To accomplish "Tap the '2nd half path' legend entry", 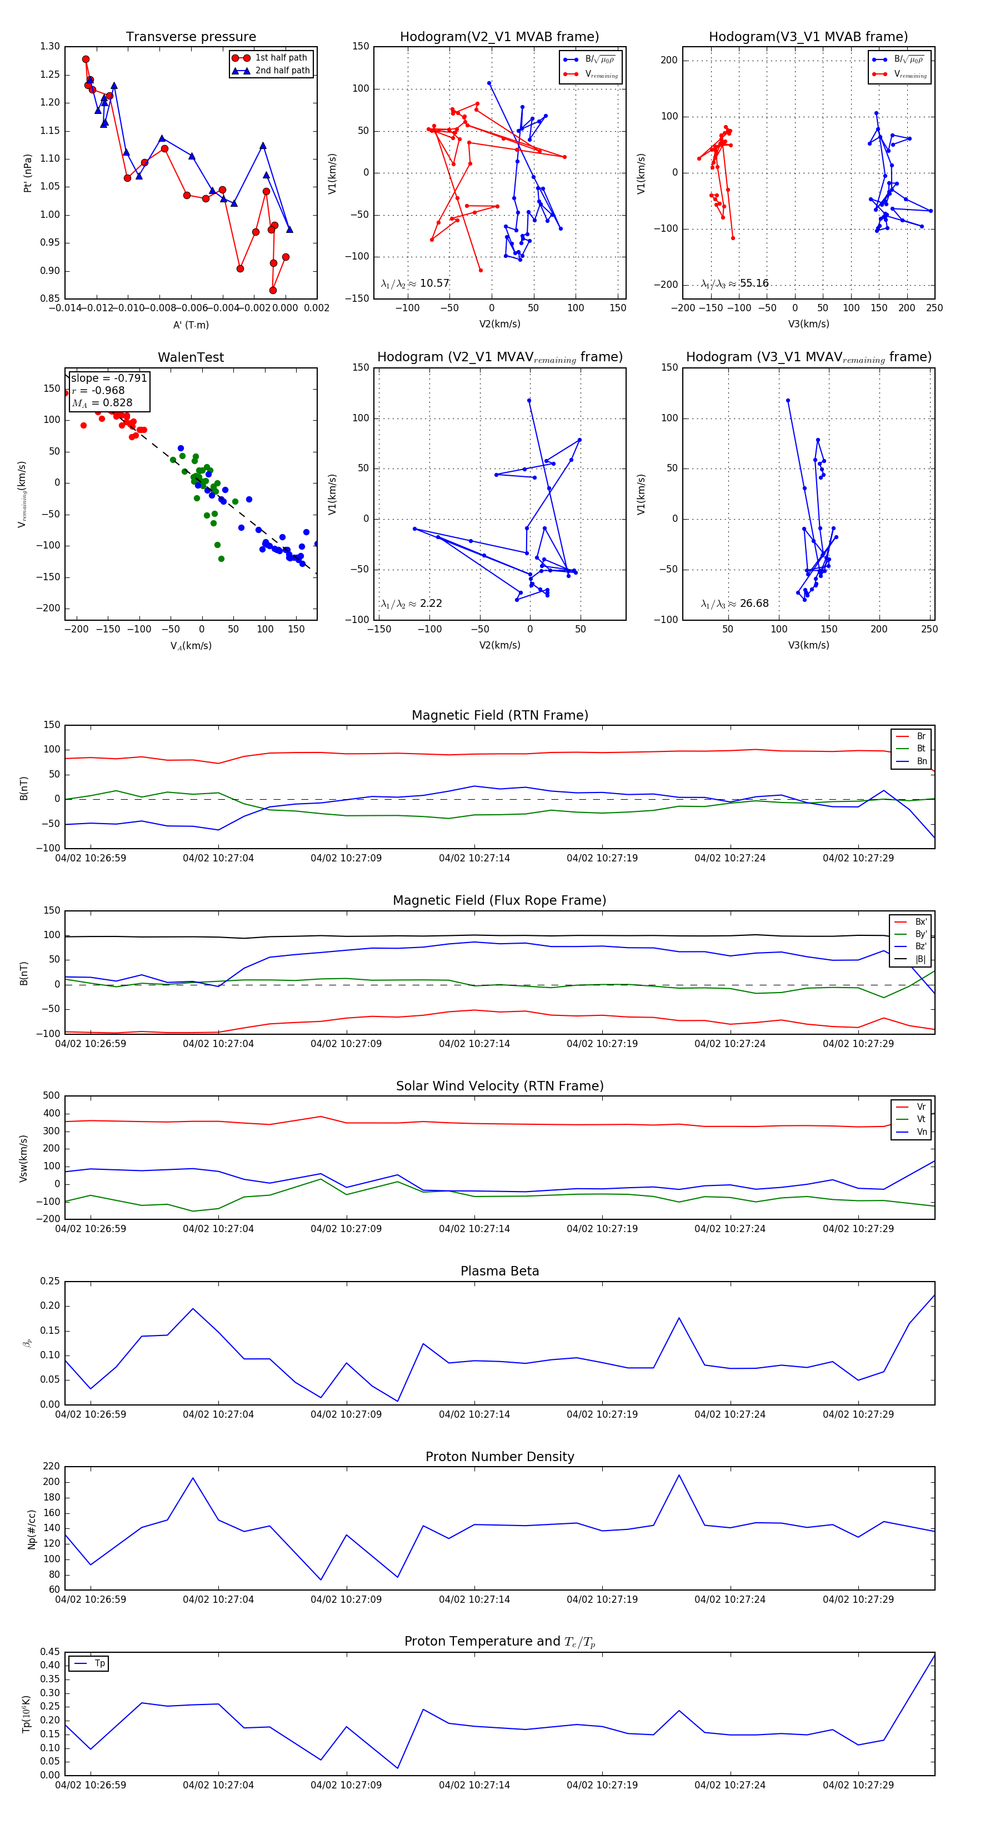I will click(282, 71).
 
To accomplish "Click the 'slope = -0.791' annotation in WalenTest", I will click(109, 378).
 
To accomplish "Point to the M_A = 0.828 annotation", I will click(102, 403).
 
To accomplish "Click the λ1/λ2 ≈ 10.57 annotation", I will click(415, 283).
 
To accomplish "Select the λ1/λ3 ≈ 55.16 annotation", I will click(734, 283).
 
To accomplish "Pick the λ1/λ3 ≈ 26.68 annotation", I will click(734, 604).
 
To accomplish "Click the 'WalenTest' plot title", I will click(191, 357).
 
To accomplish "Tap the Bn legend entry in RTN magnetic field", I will click(921, 761).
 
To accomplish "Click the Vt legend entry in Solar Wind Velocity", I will click(921, 1119).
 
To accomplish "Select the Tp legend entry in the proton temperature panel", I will click(99, 1663).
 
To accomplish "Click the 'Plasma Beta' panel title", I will click(499, 1271).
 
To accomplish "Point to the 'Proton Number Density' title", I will click(499, 1457).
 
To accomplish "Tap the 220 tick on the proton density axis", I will click(51, 1467).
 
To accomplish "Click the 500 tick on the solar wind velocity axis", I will click(51, 1096).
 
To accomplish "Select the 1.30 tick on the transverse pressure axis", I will click(50, 46).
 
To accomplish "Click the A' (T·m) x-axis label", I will click(191, 325).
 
